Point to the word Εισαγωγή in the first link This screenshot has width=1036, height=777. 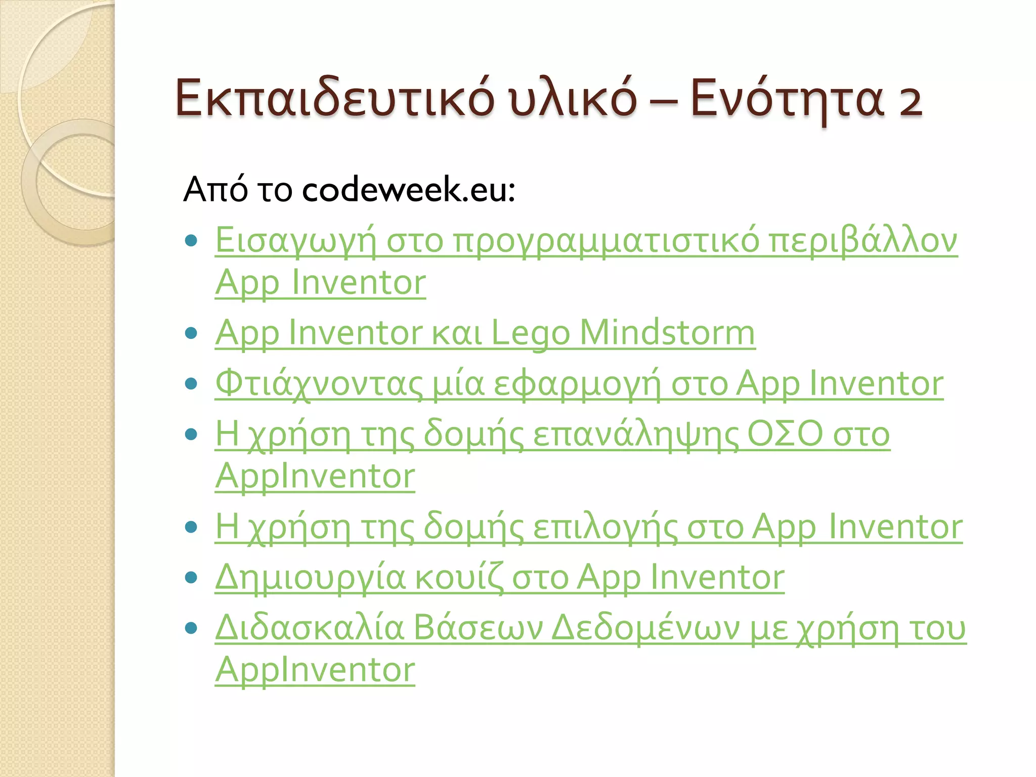click(296, 241)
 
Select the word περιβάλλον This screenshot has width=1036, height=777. click(862, 241)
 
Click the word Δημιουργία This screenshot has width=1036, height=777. click(310, 578)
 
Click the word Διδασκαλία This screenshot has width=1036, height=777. click(310, 629)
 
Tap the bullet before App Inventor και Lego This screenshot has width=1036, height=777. click(191, 333)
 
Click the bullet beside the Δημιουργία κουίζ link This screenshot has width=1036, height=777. click(191, 577)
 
